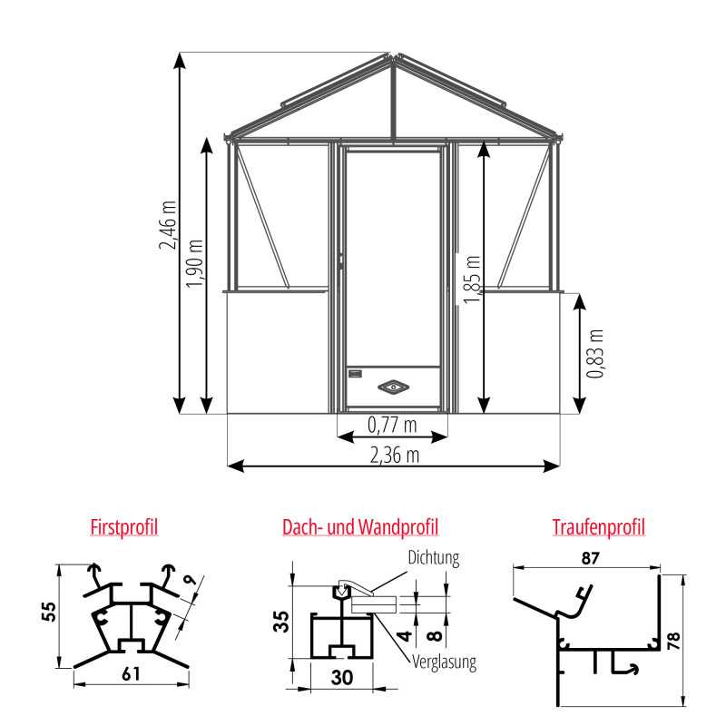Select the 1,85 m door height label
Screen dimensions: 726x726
pyautogui.click(x=472, y=280)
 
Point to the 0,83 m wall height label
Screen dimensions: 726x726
pyautogui.click(x=594, y=354)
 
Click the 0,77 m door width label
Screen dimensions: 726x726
pyautogui.click(x=392, y=424)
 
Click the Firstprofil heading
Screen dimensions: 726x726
pyautogui.click(x=124, y=526)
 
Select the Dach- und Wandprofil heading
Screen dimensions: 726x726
pyautogui.click(x=360, y=526)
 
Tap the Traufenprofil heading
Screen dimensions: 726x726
pyautogui.click(x=598, y=526)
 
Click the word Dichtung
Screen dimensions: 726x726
pyautogui.click(x=434, y=558)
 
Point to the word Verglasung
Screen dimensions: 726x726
pyautogui.click(x=445, y=662)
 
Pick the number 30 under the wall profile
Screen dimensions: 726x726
pyautogui.click(x=341, y=676)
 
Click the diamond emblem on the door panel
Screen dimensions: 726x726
pyautogui.click(x=394, y=387)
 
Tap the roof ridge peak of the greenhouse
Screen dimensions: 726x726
pyautogui.click(x=394, y=59)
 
